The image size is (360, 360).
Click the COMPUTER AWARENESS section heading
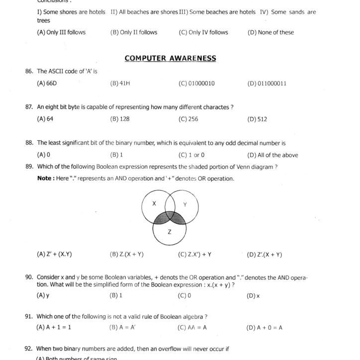point(170,58)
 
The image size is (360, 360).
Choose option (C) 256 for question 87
point(188,119)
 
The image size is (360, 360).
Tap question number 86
point(29,72)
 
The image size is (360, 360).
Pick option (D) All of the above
point(272,155)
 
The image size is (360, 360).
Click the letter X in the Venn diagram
point(154,204)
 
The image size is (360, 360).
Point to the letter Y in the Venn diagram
point(184,204)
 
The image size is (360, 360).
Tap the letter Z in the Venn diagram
point(170,232)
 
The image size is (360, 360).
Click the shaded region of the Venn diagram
point(170,219)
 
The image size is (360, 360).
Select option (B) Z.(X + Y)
point(126,255)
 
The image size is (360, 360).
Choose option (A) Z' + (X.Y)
point(54,254)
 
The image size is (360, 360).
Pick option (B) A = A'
point(123,328)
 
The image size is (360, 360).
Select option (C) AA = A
point(192,328)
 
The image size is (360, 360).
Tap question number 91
point(29,316)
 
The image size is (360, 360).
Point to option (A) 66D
point(47,84)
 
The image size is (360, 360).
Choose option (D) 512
point(257,119)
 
